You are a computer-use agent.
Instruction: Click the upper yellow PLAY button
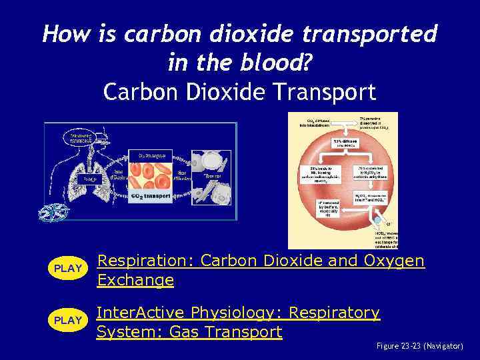pyautogui.click(x=67, y=269)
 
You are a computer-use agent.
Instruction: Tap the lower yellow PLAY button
pyautogui.click(x=67, y=321)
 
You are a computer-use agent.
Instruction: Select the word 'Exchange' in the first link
pyautogui.click(x=135, y=280)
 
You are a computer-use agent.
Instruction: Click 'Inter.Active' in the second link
pyautogui.click(x=141, y=312)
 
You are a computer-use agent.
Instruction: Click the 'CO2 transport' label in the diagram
pyautogui.click(x=151, y=197)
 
